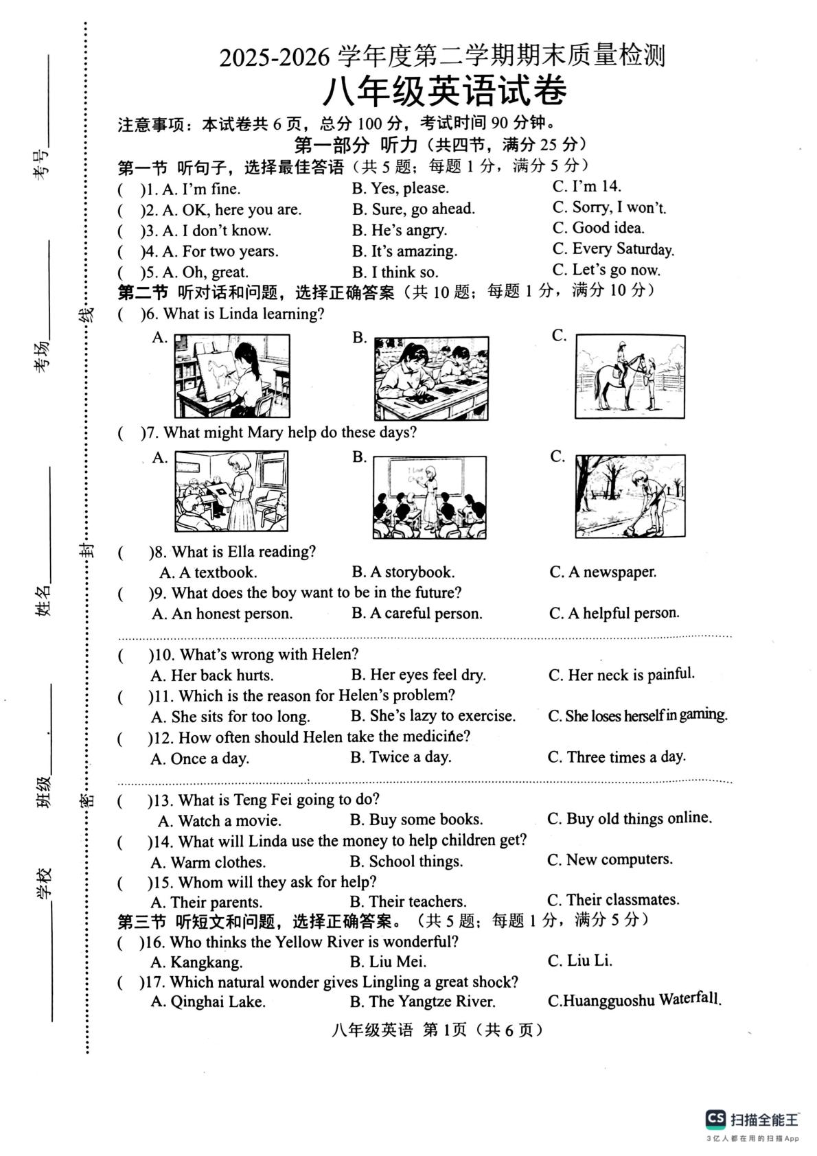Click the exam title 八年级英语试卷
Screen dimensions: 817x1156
pos(444,92)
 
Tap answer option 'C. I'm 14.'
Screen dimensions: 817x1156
pos(586,186)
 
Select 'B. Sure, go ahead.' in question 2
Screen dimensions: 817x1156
pos(413,209)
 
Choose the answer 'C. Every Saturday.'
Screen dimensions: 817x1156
pos(613,248)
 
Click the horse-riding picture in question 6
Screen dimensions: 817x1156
pos(630,376)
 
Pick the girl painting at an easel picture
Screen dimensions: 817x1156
pos(232,375)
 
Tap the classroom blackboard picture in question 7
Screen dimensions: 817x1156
pos(429,498)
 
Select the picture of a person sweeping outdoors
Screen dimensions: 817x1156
pos(630,496)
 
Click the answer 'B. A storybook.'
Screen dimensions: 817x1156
pos(403,572)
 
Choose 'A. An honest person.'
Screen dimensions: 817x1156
pos(222,614)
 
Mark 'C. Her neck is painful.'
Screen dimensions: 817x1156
pos(621,675)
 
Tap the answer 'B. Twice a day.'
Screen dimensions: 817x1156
pos(401,757)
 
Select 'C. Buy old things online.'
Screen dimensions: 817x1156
pos(630,818)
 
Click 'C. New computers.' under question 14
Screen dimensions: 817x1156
pos(610,859)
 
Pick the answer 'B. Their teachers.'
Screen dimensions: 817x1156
pos(408,901)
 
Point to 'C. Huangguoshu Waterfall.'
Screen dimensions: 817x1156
pos(634,1000)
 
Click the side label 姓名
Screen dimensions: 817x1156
pos(43,600)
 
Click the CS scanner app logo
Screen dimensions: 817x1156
pos(715,1119)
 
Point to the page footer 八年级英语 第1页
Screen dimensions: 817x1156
pos(399,1030)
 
